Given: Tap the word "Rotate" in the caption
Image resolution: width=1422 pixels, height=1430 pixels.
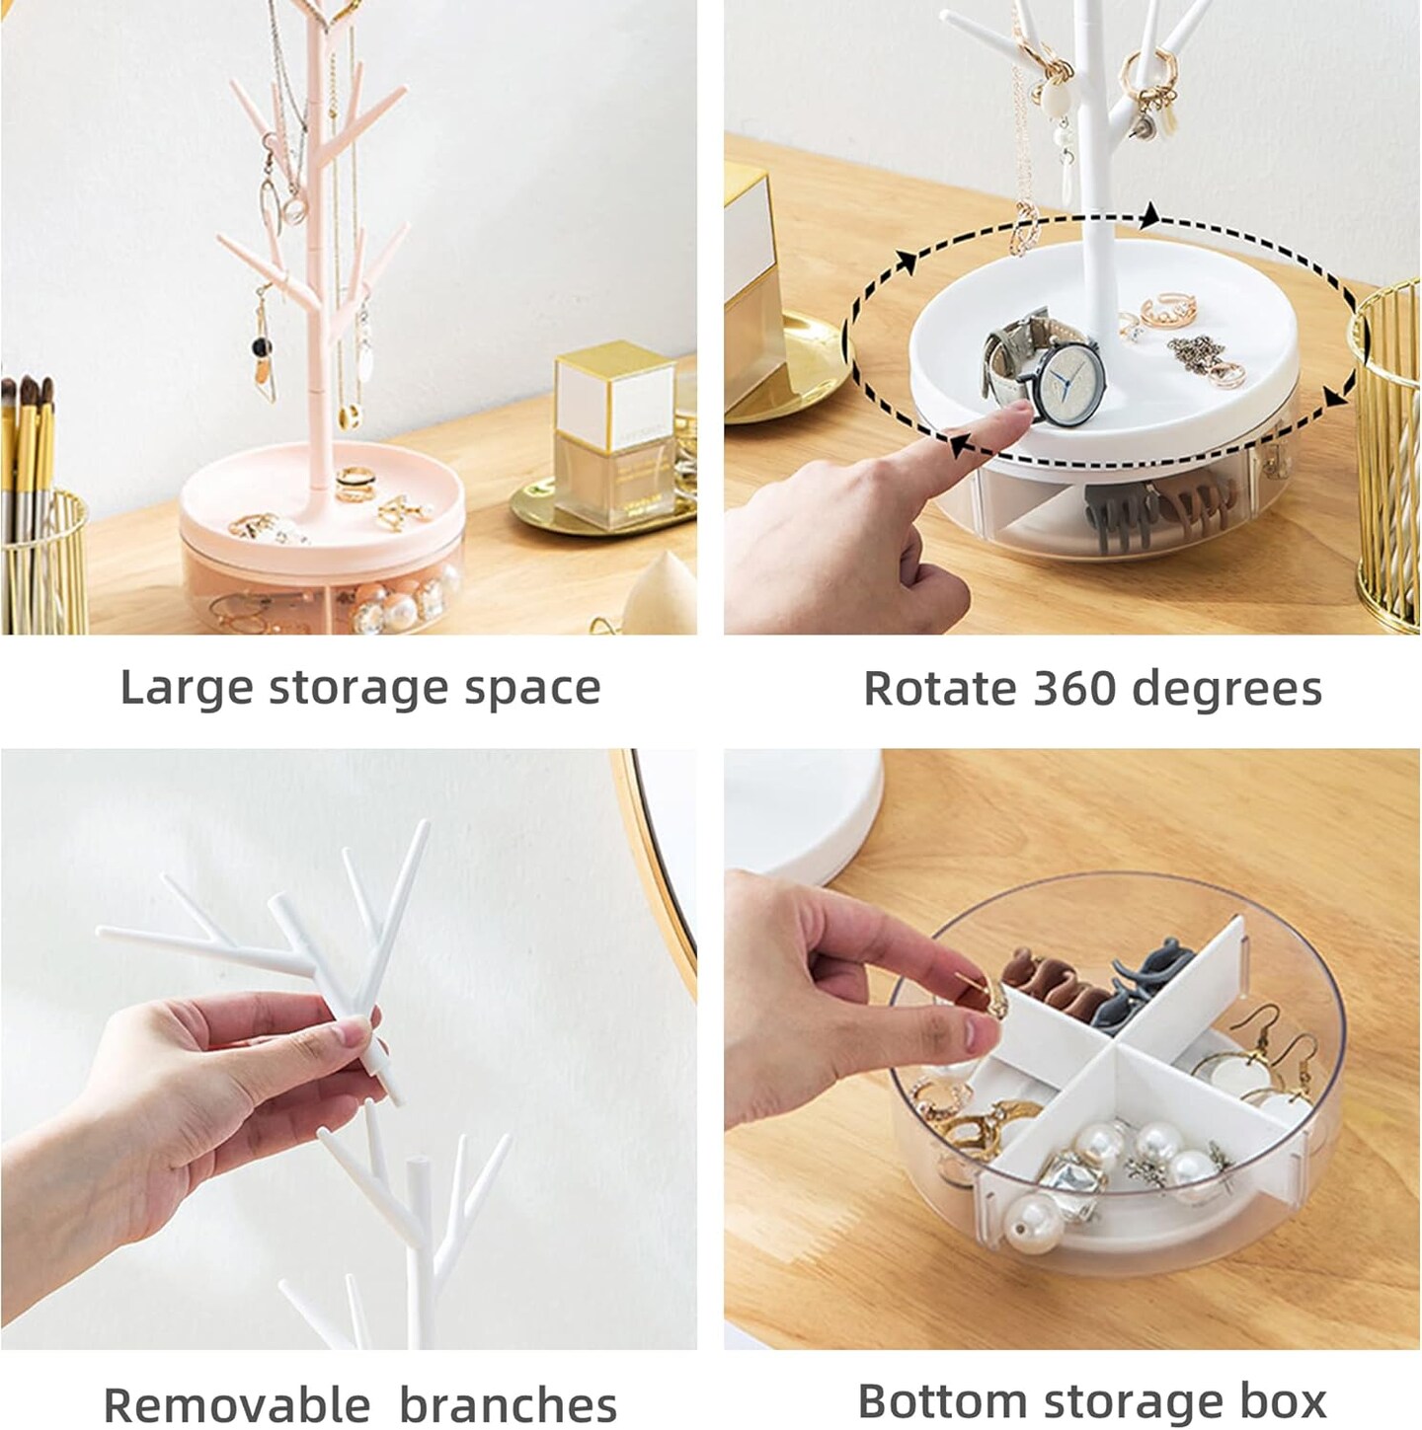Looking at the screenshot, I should click(x=938, y=688).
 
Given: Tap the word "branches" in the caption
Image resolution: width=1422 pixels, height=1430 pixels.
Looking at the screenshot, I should click(x=508, y=1402).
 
